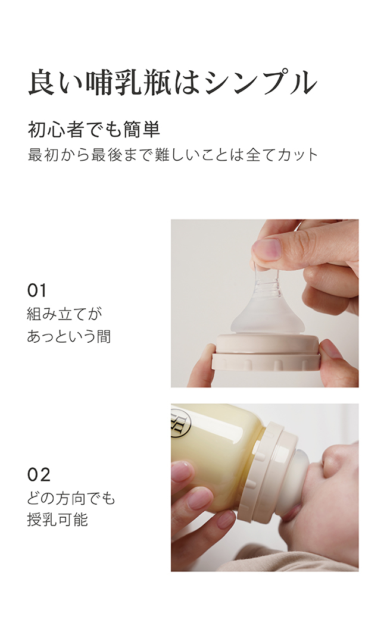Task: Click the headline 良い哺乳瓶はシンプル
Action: (x=173, y=83)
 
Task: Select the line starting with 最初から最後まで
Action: (x=173, y=155)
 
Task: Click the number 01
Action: (x=37, y=290)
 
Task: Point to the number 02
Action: (x=39, y=475)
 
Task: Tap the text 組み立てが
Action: (x=64, y=314)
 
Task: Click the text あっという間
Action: (x=69, y=336)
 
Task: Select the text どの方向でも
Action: (x=71, y=498)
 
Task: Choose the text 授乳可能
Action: (x=58, y=520)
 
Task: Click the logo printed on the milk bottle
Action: (x=177, y=423)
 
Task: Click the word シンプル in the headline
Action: (x=261, y=83)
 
